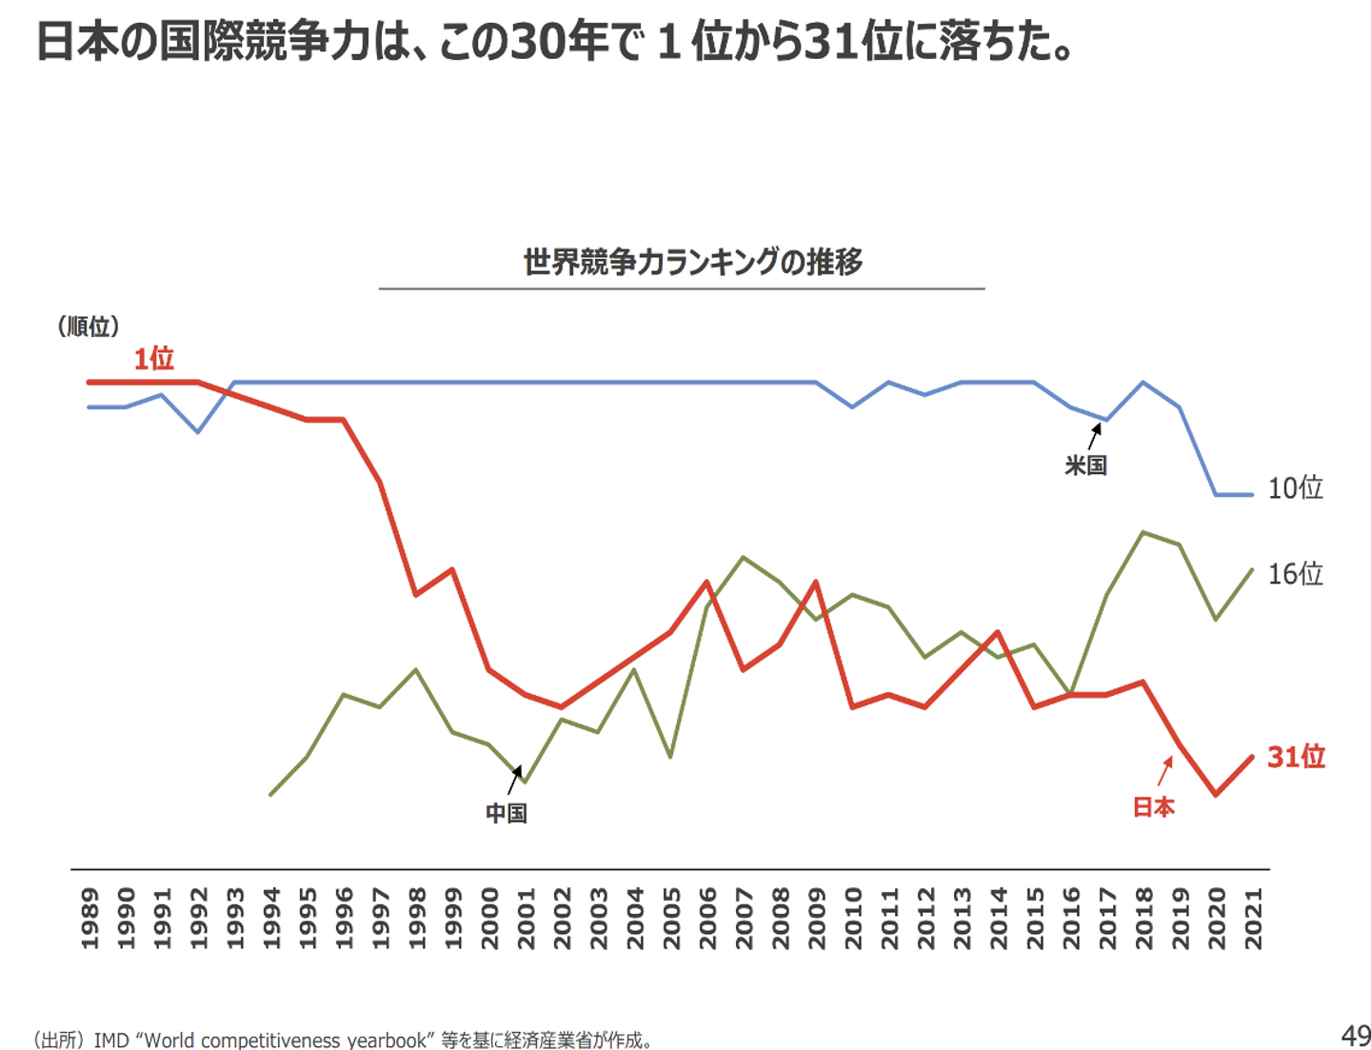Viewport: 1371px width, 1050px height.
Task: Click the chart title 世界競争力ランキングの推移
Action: pos(692,262)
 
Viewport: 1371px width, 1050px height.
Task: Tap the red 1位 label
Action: pos(153,359)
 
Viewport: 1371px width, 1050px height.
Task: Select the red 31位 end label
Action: pos(1296,757)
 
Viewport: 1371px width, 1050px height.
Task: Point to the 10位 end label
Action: pos(1295,487)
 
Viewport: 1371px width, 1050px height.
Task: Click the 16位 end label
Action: pos(1295,573)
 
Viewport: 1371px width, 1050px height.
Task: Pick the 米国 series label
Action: pos(1085,466)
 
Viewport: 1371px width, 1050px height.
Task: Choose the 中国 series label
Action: pos(506,813)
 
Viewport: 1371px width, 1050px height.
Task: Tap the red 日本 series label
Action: pos(1153,807)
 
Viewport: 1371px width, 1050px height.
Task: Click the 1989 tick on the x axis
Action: pos(90,919)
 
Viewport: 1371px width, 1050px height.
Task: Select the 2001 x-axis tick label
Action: pos(527,919)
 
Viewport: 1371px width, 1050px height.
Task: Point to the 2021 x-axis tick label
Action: pos(1253,919)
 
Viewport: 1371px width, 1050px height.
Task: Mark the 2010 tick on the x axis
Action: pos(853,919)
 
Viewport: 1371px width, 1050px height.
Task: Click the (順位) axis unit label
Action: pos(89,327)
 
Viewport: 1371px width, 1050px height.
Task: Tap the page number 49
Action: pos(1355,1036)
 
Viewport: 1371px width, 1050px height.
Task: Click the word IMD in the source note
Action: pos(110,1040)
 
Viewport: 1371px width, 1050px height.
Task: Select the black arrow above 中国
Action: pos(514,780)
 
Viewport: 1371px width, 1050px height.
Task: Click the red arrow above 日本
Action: pos(1165,771)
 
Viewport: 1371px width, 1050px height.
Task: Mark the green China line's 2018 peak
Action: pos(1143,532)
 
